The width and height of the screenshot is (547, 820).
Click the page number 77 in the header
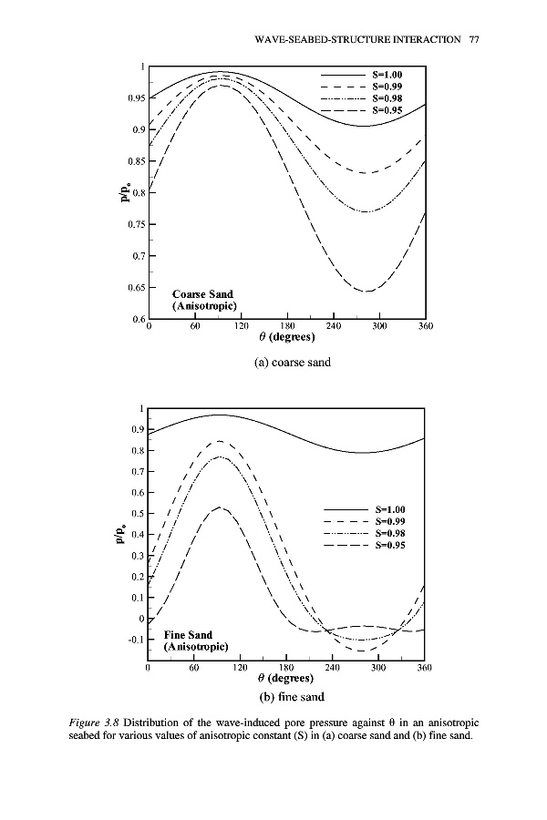coord(474,40)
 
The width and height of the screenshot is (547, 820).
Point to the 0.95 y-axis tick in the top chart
coord(134,98)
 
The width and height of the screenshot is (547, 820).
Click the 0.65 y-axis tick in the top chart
coord(134,288)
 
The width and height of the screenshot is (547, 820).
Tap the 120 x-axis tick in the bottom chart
coord(240,669)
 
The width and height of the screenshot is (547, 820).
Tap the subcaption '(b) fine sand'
coord(287,698)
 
